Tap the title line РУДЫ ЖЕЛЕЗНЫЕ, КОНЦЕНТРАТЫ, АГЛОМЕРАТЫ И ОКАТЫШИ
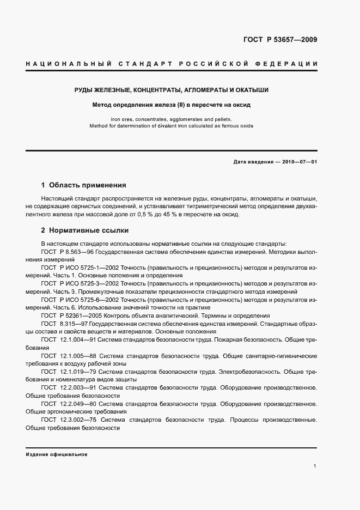pos(172,90)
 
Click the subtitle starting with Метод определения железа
pos(172,105)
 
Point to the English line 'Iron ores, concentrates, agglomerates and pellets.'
pos(172,119)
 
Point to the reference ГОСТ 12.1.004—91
pos(69,339)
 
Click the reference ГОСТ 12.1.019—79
pos(69,372)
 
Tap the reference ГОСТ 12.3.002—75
pos(70,420)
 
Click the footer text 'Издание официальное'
pos(56,454)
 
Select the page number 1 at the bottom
pos(315,466)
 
